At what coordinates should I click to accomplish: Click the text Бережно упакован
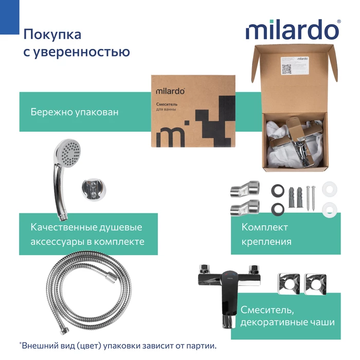[x=74, y=112]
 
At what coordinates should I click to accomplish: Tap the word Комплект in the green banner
[x=264, y=227]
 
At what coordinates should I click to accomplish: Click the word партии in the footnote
[x=201, y=346]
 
